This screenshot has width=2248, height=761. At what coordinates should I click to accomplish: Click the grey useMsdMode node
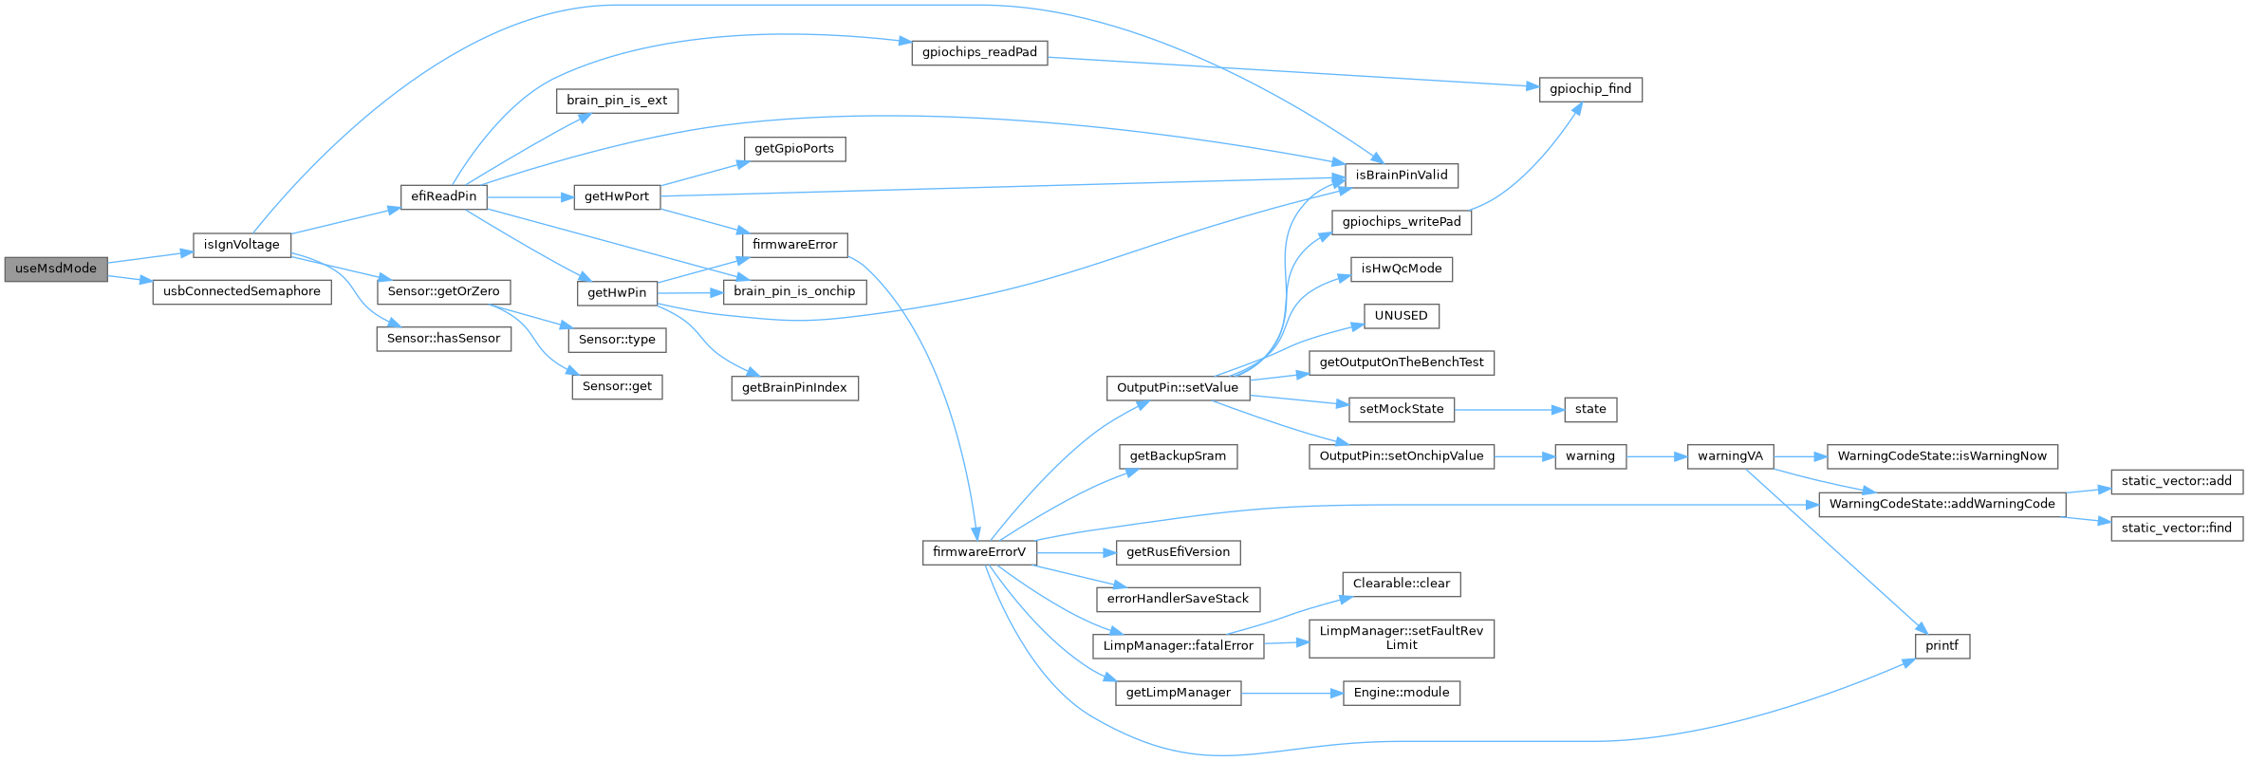(x=56, y=269)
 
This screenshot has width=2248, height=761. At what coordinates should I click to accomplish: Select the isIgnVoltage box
(x=242, y=245)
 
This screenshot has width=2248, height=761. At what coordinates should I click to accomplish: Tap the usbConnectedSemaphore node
(x=242, y=291)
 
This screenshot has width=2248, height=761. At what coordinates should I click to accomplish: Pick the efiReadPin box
(x=443, y=196)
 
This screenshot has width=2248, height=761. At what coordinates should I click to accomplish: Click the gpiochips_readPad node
(x=979, y=52)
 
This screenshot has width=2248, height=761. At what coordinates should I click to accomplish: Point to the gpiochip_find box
(x=1589, y=89)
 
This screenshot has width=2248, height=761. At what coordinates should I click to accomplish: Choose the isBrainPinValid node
(x=1401, y=176)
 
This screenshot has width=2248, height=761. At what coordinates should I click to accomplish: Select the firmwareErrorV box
(x=978, y=552)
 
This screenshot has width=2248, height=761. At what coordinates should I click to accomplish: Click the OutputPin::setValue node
(x=1177, y=388)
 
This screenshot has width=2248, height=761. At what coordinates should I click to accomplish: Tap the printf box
(x=1941, y=646)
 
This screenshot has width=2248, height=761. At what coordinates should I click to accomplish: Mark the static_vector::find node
(x=2176, y=529)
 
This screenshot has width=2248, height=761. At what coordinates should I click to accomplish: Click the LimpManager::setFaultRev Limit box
(x=1401, y=638)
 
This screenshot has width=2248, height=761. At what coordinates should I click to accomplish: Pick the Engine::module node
(x=1401, y=693)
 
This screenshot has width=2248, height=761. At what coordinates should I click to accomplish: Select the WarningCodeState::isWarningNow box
(x=1941, y=456)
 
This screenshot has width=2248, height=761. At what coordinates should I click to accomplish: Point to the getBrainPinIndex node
(x=794, y=388)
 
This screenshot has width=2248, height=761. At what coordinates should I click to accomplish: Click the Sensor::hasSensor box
(x=443, y=339)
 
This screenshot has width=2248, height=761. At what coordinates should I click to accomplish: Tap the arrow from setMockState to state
(x=1509, y=409)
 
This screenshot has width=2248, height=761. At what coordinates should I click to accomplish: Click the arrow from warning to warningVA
(x=1657, y=456)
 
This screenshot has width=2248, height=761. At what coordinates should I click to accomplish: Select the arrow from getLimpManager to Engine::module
(x=1291, y=694)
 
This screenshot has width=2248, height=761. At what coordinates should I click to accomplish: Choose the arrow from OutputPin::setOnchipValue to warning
(x=1524, y=456)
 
